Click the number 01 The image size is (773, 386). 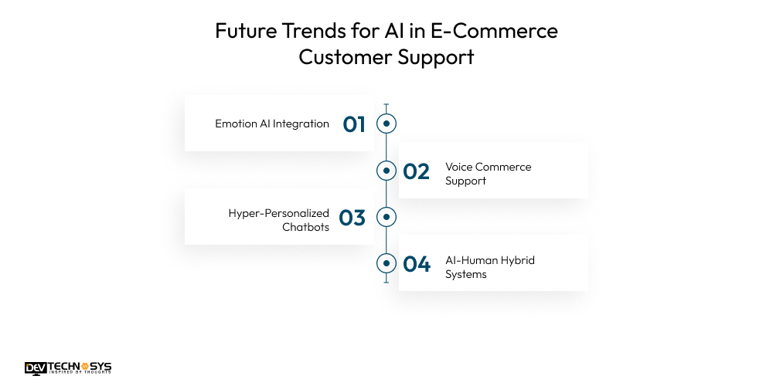354,124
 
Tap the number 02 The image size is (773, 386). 417,171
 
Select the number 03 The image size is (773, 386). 352,218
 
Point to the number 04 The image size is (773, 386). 417,264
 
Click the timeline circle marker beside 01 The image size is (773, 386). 386,124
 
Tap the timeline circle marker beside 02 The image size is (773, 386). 386,171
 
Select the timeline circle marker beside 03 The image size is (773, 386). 386,217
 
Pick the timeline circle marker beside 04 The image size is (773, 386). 386,263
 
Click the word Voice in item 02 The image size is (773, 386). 458,167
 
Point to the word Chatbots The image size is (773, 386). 305,227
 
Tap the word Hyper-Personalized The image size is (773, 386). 278,213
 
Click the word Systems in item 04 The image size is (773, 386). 465,274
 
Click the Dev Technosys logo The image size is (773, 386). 68,368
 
